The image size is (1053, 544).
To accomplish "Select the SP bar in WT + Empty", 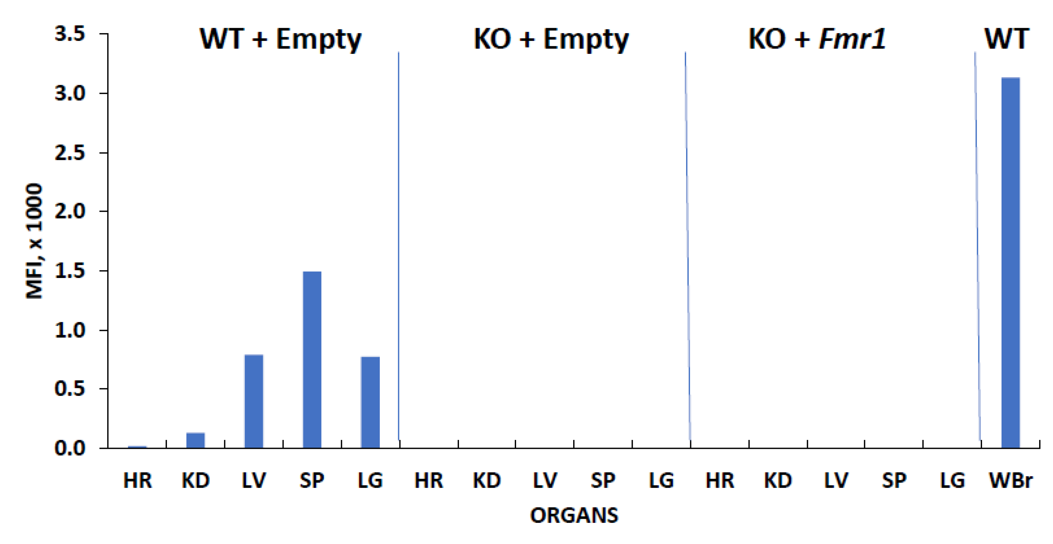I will click(x=312, y=359).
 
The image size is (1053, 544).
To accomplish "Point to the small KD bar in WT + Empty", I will click(x=195, y=440).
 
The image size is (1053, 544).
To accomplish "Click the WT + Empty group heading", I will click(x=280, y=40).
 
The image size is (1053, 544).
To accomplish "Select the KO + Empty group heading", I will click(x=551, y=40).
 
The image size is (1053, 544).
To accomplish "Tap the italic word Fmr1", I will click(x=853, y=40).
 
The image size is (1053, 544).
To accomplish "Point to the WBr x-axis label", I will click(x=1010, y=481).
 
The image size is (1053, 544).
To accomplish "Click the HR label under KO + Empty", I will click(x=428, y=481).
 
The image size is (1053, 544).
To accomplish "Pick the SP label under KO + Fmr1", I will click(x=894, y=481).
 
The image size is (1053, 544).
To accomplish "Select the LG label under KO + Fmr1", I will click(x=952, y=481).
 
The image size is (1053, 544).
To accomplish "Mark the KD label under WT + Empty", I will click(x=195, y=481).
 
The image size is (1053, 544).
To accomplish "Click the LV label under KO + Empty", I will click(x=545, y=481).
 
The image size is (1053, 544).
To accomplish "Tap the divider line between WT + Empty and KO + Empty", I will click(x=398, y=245).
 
